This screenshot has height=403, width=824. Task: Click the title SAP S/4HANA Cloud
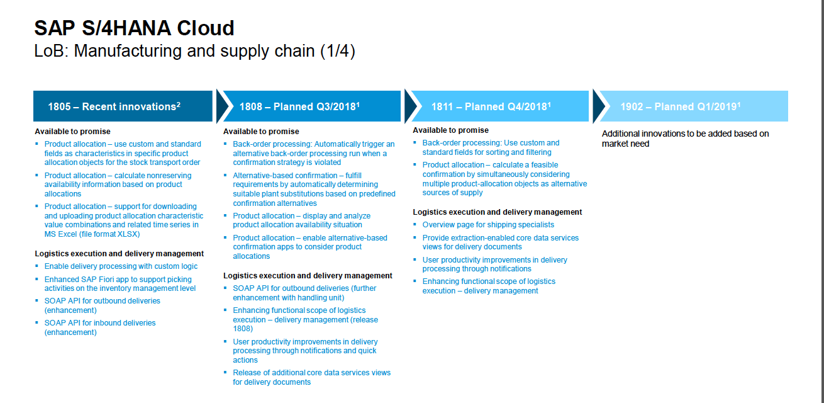(134, 28)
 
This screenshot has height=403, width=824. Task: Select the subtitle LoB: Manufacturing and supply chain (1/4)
(194, 51)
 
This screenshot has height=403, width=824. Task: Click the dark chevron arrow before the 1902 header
(599, 106)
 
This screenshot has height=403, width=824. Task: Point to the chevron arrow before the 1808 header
(222, 106)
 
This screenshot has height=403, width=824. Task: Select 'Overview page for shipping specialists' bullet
(488, 225)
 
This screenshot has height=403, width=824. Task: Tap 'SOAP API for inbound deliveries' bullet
(100, 327)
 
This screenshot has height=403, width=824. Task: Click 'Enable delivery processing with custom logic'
(121, 266)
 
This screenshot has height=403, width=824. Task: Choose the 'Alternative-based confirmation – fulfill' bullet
(314, 190)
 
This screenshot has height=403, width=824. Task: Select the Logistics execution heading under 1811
(498, 212)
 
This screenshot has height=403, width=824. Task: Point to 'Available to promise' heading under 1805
(72, 132)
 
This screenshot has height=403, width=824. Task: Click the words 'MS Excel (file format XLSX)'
(92, 234)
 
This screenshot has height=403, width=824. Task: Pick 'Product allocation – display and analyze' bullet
(302, 220)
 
